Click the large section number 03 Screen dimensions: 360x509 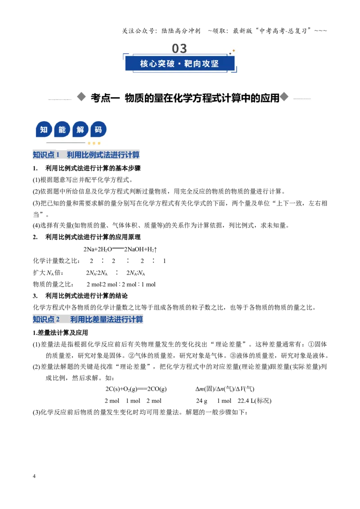pos(180,49)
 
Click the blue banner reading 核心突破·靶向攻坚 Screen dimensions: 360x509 pos(180,63)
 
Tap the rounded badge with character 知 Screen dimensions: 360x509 pos(44,130)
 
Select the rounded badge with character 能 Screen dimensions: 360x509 pos(62,130)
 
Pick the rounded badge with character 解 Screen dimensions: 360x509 pos(80,130)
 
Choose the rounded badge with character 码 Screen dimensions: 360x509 pos(99,130)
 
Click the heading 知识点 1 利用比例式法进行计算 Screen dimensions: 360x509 pos(86,155)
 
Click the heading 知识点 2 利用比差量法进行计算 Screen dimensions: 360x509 pos(88,319)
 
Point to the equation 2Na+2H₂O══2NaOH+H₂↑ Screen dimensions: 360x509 pos(120,249)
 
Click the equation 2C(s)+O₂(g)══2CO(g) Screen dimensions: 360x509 pos(136,389)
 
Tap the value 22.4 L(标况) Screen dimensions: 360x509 pos(254,401)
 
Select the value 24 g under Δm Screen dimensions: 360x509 pos(202,401)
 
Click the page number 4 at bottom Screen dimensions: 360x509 pos(34,476)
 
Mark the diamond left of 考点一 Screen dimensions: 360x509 pos(81,97)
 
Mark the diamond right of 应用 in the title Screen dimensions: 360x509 pos(284,97)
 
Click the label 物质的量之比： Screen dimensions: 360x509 pos(53,284)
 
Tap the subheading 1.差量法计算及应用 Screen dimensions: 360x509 pos(60,333)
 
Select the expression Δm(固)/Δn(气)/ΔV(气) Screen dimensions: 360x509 pos(225,389)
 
